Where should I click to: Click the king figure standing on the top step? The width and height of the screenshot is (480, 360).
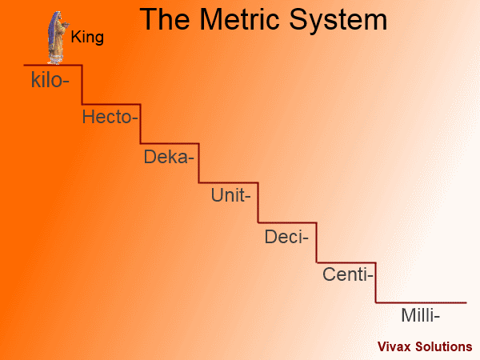(x=58, y=38)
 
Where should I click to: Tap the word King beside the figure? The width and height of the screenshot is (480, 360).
(x=87, y=37)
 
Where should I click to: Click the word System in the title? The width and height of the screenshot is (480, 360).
(x=338, y=20)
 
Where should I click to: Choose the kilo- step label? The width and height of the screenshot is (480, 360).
(x=50, y=80)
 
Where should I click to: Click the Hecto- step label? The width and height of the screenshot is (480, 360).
(x=110, y=117)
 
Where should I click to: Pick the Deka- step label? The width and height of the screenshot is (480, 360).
(x=169, y=157)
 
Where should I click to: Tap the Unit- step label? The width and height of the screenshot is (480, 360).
(x=231, y=195)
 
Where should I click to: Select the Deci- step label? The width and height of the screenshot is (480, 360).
(x=286, y=237)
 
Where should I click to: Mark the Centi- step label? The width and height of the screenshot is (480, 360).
(x=348, y=274)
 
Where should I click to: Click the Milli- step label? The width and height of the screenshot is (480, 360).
(x=420, y=315)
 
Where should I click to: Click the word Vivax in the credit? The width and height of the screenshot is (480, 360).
(x=394, y=346)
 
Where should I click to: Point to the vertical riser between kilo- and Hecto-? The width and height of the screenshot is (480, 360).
(x=82, y=85)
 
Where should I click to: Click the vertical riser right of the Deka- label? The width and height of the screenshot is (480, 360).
(x=199, y=163)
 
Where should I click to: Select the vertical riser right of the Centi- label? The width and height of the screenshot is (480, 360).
(x=376, y=282)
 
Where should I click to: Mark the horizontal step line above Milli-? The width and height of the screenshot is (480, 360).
(x=422, y=302)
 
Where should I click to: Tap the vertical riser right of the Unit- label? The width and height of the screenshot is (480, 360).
(x=258, y=202)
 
